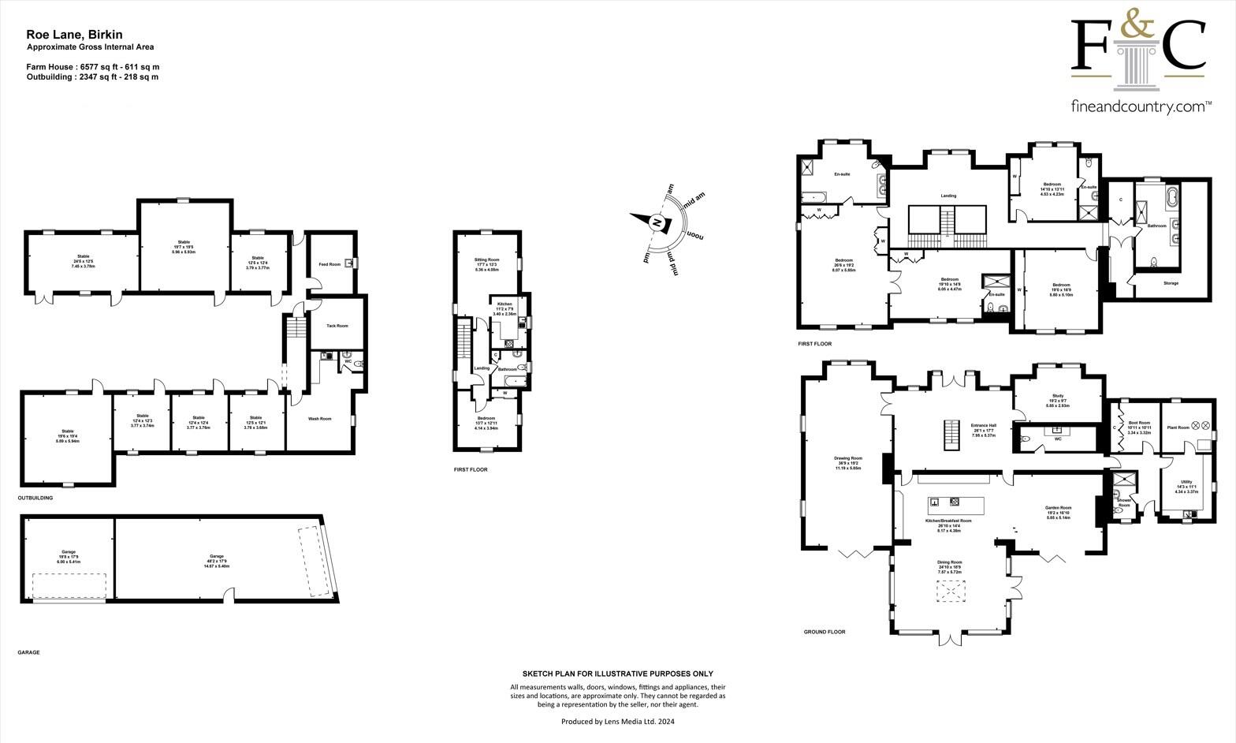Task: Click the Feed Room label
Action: point(329,264)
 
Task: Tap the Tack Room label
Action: point(337,326)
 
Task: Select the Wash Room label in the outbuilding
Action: point(319,419)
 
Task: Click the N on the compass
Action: point(655,224)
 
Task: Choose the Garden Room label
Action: point(1058,508)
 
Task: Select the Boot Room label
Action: point(1139,423)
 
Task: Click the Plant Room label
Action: point(1178,427)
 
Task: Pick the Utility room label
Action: point(1186,482)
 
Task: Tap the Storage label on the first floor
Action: point(1171,283)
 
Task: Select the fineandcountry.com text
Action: point(1141,106)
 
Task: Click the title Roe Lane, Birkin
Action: point(74,35)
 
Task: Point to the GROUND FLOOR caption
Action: point(824,632)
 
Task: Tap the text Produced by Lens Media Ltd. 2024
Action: point(618,721)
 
